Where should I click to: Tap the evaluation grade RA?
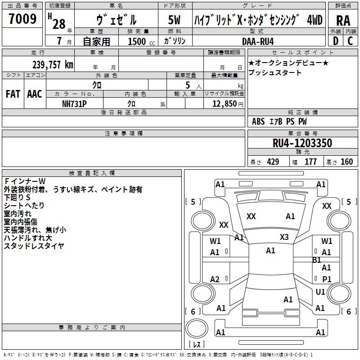point(343,20)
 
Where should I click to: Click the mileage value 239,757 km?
point(53,65)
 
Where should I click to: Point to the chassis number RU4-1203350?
point(302,143)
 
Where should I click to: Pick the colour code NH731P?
point(75,103)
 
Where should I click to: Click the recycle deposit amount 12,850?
point(223,103)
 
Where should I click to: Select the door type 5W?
point(174,20)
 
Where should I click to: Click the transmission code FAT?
point(13,94)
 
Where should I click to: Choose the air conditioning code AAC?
point(35,94)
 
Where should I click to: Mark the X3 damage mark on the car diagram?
point(284,237)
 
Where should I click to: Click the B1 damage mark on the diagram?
point(316,260)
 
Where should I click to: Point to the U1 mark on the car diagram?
point(320,292)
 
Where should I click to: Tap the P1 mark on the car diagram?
point(327,279)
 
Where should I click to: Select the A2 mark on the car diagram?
point(215,279)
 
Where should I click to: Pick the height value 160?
point(346,162)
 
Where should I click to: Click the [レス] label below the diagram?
point(197,344)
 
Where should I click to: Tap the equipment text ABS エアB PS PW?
point(280,121)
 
